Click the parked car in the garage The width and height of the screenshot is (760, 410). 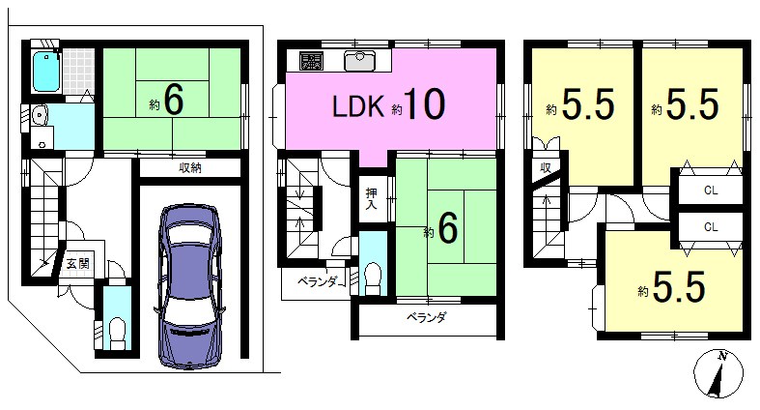[x=190, y=286]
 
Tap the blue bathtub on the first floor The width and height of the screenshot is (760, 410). [x=46, y=73]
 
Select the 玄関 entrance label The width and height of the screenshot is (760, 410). [x=78, y=263]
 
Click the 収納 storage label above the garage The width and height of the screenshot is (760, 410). [x=190, y=168]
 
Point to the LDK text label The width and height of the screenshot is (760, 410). [x=358, y=106]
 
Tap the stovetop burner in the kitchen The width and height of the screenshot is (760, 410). [x=311, y=60]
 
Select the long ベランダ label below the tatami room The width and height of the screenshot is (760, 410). [x=426, y=318]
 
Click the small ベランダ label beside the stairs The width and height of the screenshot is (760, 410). [x=317, y=281]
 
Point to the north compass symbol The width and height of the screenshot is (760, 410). [x=718, y=373]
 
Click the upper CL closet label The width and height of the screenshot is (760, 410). [x=711, y=190]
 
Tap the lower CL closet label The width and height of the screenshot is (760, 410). [x=711, y=226]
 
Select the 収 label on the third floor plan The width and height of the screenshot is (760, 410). [x=546, y=168]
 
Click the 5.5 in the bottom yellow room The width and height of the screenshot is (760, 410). [x=679, y=287]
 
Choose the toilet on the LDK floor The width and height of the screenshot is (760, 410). [x=373, y=279]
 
